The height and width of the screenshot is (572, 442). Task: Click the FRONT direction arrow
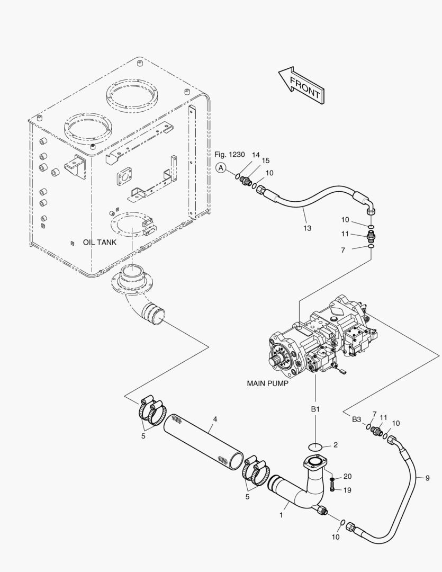[301, 84]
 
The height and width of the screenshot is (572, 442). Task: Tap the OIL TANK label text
[100, 242]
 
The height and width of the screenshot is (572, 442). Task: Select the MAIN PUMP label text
[267, 383]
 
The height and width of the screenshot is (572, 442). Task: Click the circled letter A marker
[221, 168]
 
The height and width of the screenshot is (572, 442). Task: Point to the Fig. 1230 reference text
[229, 155]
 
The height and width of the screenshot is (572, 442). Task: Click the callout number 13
[308, 228]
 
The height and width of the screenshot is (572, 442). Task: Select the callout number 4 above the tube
[215, 419]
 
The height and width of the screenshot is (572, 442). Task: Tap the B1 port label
[315, 409]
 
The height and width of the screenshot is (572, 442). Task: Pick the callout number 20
[347, 477]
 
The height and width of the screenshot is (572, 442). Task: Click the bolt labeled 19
[332, 487]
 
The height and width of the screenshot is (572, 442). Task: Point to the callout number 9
[427, 478]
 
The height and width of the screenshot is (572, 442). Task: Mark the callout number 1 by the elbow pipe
[281, 515]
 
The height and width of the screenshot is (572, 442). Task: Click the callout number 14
[256, 155]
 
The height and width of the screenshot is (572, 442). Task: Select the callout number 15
[266, 160]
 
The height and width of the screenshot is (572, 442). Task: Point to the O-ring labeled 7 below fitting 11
[371, 247]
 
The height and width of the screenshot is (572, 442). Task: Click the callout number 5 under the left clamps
[143, 436]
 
